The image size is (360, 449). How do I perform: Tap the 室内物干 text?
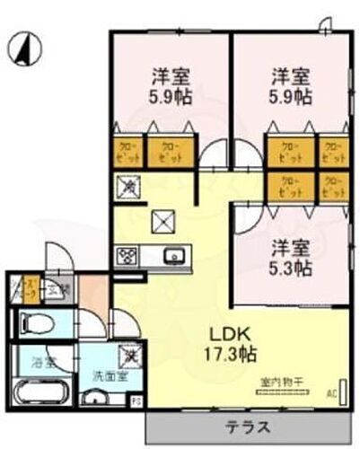(x=278, y=381)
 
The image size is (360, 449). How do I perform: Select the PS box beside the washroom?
(x=136, y=403)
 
